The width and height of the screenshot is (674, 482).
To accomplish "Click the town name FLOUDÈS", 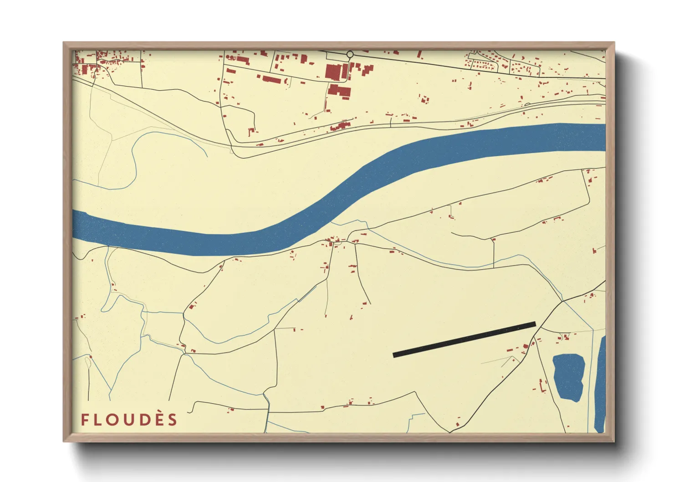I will pyautogui.click(x=129, y=420).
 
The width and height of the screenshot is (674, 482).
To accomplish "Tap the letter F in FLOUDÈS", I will pyautogui.click(x=85, y=420).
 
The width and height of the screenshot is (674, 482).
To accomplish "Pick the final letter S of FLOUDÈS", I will pyautogui.click(x=172, y=420).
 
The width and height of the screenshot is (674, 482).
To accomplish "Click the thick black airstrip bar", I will pyautogui.click(x=464, y=339).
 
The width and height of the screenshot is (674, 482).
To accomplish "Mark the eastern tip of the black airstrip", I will pyautogui.click(x=535, y=324).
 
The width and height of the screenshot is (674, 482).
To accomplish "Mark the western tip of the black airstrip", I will pyautogui.click(x=394, y=354).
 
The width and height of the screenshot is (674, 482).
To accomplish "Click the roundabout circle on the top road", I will pyautogui.click(x=350, y=55).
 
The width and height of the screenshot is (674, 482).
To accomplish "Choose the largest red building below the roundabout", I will pyautogui.click(x=334, y=72).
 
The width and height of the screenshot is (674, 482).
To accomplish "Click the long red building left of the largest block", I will pyautogui.click(x=271, y=80).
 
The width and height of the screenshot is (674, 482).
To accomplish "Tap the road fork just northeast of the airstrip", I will pyautogui.click(x=563, y=301).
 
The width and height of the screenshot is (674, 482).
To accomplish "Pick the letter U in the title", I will pyautogui.click(x=128, y=420).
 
